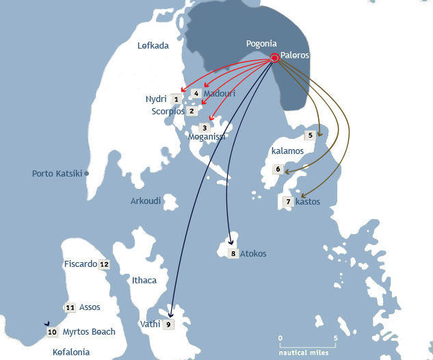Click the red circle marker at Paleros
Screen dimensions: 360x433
[x=274, y=58]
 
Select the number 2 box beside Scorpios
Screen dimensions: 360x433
[x=192, y=111]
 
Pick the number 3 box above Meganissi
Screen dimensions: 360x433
[x=204, y=128]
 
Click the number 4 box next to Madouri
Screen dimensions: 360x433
[x=196, y=93]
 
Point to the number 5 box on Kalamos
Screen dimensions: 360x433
[x=310, y=136]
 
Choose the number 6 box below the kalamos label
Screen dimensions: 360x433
[x=278, y=170]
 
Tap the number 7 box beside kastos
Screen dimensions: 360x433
[x=288, y=202]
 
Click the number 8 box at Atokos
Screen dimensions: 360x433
[x=233, y=254]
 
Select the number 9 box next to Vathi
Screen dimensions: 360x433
[x=168, y=324]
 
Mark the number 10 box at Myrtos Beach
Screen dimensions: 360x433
[x=52, y=332]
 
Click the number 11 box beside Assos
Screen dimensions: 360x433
[x=70, y=308]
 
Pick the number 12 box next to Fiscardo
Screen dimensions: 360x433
[x=104, y=264]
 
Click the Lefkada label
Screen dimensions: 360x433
[x=152, y=46]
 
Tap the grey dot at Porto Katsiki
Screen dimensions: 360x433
[x=88, y=174]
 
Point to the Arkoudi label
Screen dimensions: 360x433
[x=146, y=201]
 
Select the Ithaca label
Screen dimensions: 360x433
[x=144, y=281]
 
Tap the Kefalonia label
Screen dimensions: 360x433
[x=71, y=352]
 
